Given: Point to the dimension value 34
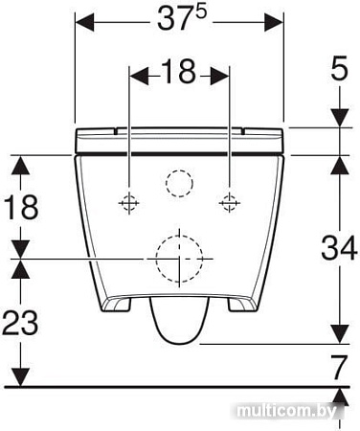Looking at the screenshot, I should pyautogui.click(x=336, y=250).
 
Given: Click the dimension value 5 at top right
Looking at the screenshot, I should pyautogui.click(x=337, y=69).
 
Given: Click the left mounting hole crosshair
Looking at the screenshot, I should pyautogui.click(x=128, y=201).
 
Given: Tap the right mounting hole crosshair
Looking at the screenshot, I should pyautogui.click(x=229, y=201).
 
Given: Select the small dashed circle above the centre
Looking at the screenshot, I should pyautogui.click(x=178, y=181).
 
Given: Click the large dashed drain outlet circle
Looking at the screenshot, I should pyautogui.click(x=178, y=258).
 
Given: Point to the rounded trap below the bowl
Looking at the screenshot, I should pyautogui.click(x=179, y=321).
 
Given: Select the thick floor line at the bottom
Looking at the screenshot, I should pyautogui.click(x=172, y=387).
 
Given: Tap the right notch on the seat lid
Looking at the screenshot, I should pyautogui.click(x=240, y=128).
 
